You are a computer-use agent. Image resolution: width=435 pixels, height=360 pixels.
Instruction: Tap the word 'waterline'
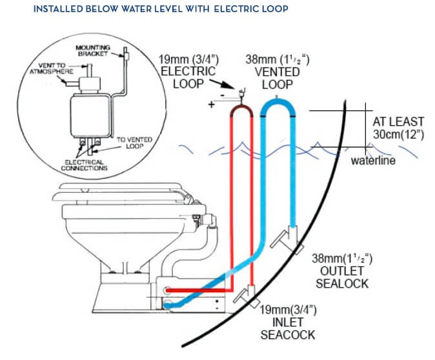coord(372,160)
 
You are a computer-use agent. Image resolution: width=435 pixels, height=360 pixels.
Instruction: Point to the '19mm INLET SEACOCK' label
coord(287,325)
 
